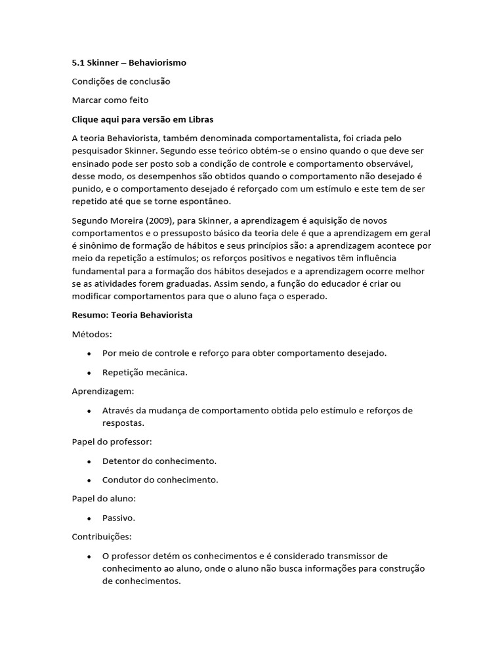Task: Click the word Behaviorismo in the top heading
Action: click(x=157, y=62)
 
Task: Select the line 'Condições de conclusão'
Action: click(x=121, y=81)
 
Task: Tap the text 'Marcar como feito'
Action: click(x=110, y=100)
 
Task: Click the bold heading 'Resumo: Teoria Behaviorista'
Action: click(x=132, y=315)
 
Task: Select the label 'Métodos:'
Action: click(x=92, y=334)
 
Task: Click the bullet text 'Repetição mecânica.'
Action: click(x=145, y=372)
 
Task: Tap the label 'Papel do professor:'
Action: click(x=112, y=442)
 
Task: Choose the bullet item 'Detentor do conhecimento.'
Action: click(x=159, y=461)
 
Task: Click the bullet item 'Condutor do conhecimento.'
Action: click(x=160, y=480)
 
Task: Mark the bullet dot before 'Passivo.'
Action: click(x=89, y=518)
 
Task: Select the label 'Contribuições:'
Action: click(x=101, y=537)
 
